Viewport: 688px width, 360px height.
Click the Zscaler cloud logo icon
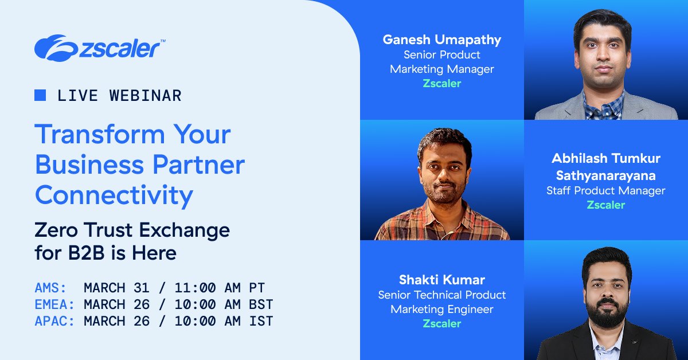point(52,47)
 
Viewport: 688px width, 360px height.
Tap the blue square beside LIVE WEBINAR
point(40,95)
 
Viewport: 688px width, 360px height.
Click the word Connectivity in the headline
point(114,196)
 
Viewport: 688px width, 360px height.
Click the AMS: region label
point(51,288)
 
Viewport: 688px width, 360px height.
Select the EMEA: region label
point(55,304)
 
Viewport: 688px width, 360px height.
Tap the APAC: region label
point(55,321)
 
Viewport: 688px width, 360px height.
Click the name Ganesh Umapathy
point(441,40)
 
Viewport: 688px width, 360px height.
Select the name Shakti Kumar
point(441,280)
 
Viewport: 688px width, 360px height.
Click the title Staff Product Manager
point(605,190)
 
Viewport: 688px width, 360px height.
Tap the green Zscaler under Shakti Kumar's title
point(441,323)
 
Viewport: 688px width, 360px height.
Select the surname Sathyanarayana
point(605,175)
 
